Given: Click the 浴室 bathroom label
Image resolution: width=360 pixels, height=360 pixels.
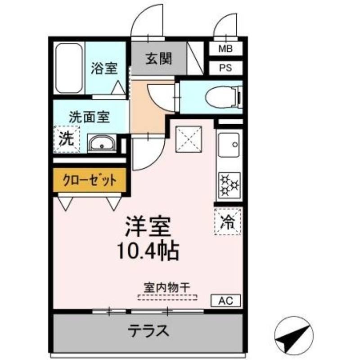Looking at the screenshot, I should point(104,68).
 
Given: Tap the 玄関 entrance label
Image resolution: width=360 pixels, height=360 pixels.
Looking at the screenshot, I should point(158,58).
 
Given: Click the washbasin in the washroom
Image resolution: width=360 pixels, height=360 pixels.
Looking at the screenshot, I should point(102,144).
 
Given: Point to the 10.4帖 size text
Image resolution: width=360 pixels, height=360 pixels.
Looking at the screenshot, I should point(148,251).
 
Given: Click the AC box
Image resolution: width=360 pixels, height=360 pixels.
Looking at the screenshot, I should point(226,300).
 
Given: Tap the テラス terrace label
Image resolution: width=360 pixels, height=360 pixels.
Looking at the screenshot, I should point(148,332).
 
